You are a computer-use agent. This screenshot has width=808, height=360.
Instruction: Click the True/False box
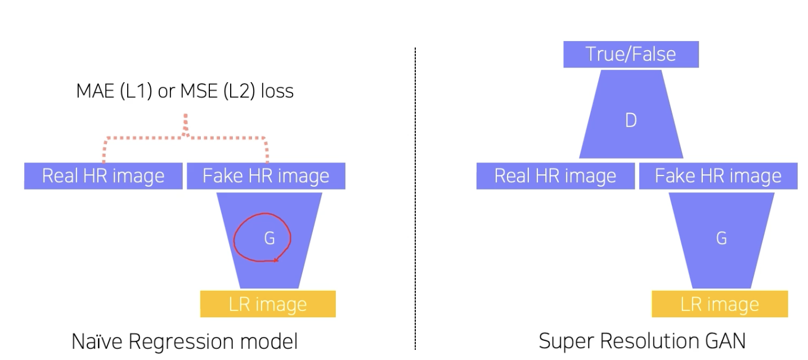pyautogui.click(x=631, y=55)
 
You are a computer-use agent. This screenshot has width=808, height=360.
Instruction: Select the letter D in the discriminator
pyautogui.click(x=631, y=120)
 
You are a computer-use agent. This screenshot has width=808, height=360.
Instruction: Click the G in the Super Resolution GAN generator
pyautogui.click(x=721, y=238)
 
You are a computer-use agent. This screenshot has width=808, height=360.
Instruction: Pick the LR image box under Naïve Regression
pyautogui.click(x=268, y=304)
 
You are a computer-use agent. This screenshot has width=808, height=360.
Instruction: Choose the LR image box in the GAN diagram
pyautogui.click(x=720, y=304)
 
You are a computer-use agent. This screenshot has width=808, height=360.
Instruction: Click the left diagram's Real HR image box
pyautogui.click(x=103, y=176)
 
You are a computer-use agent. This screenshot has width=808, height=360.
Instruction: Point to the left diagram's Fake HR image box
pyautogui.click(x=266, y=176)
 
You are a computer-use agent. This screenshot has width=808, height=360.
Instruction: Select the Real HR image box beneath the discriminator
pyautogui.click(x=555, y=176)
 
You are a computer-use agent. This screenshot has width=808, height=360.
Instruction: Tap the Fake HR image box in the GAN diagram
pyautogui.click(x=718, y=176)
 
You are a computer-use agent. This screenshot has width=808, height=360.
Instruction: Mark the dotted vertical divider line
pyautogui.click(x=415, y=197)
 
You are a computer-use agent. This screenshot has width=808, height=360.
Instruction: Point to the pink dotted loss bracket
pyautogui.click(x=186, y=137)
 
